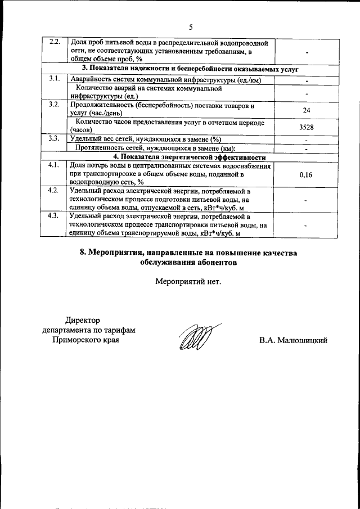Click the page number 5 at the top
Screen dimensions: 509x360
[191, 27]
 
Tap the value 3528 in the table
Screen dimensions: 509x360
[307, 127]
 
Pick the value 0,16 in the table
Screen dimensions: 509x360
[307, 175]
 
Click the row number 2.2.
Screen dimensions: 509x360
[55, 43]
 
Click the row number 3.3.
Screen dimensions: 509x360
[55, 139]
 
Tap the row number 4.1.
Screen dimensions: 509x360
[55, 165]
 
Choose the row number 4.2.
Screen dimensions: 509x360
[55, 191]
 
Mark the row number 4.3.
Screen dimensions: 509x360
[55, 217]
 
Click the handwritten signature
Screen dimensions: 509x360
[195, 337]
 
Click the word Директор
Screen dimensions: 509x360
[82, 320]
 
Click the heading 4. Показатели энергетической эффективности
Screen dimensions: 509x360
[189, 157]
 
